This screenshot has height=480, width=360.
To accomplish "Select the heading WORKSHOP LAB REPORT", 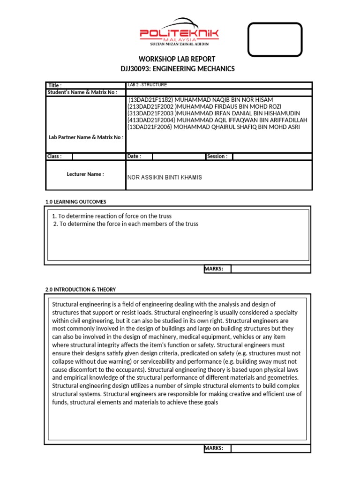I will [177, 59].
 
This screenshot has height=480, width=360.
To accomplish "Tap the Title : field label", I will [55, 85].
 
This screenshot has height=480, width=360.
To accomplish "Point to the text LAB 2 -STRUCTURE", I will [147, 85].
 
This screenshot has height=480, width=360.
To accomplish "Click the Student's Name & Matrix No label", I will [82, 92].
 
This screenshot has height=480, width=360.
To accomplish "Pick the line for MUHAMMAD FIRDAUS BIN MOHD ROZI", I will [204, 107].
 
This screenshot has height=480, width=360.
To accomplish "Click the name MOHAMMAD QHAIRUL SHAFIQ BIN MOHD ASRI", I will [213, 127].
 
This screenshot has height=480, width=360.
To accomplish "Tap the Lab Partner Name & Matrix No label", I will [86, 137].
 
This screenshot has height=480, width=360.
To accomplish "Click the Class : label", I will [54, 157].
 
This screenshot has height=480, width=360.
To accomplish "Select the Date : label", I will [134, 157].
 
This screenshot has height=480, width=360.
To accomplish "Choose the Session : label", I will [217, 157].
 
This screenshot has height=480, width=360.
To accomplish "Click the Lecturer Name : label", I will [85, 174].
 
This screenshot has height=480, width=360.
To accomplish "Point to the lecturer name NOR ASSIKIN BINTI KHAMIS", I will [165, 178].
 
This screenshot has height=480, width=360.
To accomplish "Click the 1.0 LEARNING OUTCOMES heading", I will [76, 202].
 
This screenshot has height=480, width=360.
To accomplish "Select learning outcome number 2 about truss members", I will [126, 224].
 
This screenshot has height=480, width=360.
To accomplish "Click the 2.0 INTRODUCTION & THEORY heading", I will [81, 290].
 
